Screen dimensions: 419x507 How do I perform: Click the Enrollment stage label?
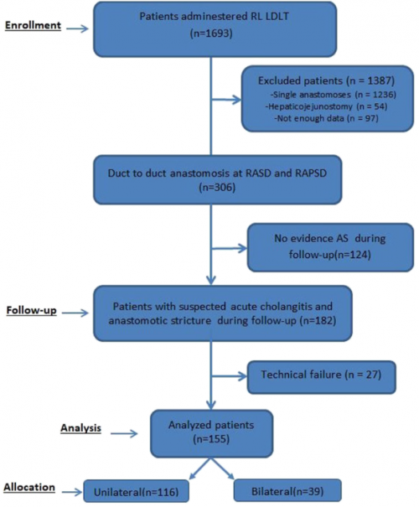point(33,25)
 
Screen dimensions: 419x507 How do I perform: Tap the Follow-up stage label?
point(31,310)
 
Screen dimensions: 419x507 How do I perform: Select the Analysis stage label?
point(80,428)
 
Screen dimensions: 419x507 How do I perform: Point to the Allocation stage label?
point(29,487)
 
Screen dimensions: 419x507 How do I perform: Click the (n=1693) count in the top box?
point(211,34)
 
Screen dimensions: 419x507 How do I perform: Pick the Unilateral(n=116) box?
point(136,491)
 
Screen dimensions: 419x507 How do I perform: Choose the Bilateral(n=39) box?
point(287,491)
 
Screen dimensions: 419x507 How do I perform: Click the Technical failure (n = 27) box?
point(321,377)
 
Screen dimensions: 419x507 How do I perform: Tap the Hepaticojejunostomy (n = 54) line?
point(328,106)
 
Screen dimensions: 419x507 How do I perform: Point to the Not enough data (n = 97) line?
point(326,118)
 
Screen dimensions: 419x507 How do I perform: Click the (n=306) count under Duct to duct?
point(217,188)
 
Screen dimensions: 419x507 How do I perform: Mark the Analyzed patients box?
point(212,433)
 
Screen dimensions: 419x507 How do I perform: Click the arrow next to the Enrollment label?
point(78,28)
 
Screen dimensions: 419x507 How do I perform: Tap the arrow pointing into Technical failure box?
point(229,376)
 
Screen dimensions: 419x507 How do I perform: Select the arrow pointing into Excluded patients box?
point(226,100)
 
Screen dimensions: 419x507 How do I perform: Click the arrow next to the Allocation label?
point(72,493)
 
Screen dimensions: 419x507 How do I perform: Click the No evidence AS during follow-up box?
point(330,247)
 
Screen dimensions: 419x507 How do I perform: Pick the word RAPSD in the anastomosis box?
point(311,173)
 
